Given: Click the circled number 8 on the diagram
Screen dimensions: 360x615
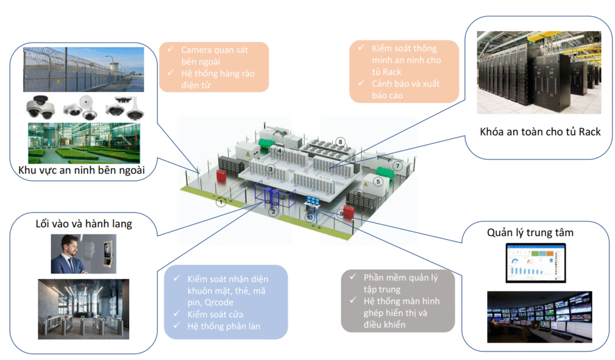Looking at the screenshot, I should coord(341,142).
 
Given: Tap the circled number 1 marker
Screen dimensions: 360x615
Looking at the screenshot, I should coord(222,202).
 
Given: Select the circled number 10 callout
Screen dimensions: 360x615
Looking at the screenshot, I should coord(309,217).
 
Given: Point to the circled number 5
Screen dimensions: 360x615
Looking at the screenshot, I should coord(378,181).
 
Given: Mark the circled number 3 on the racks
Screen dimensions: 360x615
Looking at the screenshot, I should coord(271,170).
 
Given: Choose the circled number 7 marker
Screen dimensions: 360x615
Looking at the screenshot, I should coord(397,165).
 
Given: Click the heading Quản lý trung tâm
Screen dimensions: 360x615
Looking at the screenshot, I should coord(530,233).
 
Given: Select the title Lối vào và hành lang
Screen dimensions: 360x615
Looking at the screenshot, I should coord(84,224).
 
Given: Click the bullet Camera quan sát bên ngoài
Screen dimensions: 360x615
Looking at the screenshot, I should coord(214,55).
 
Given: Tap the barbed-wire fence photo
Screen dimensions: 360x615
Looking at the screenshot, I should coord(83,69).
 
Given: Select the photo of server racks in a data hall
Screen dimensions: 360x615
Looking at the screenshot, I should coord(539,72).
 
